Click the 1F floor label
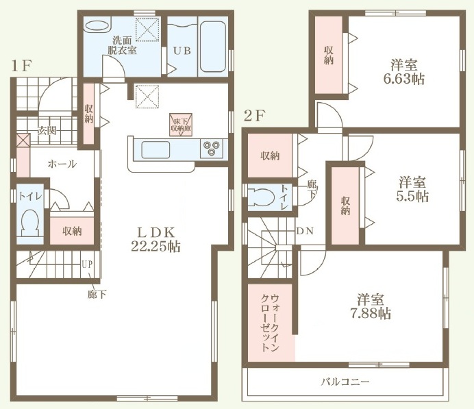point(21,66)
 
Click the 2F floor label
point(254,116)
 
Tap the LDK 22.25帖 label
point(156,239)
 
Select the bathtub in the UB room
point(213,47)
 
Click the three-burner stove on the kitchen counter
point(211,149)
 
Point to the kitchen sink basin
point(155,149)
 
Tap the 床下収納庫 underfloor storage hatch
point(181,125)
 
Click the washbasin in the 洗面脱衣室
point(97,25)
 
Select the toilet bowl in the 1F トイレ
point(29,223)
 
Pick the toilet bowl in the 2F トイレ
point(261,198)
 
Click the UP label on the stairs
point(88,264)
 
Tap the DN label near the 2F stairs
point(305,232)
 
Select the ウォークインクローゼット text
point(270,323)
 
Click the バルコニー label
point(345,382)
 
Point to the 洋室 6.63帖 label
point(404,72)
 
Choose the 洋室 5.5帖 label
point(412,189)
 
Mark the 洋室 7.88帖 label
point(370,306)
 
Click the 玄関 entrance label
point(47,131)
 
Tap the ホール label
point(62,164)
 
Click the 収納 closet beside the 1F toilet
point(72,231)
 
